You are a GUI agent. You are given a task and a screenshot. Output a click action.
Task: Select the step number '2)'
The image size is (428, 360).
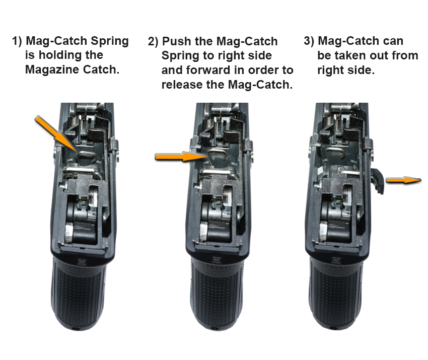tap(153, 41)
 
